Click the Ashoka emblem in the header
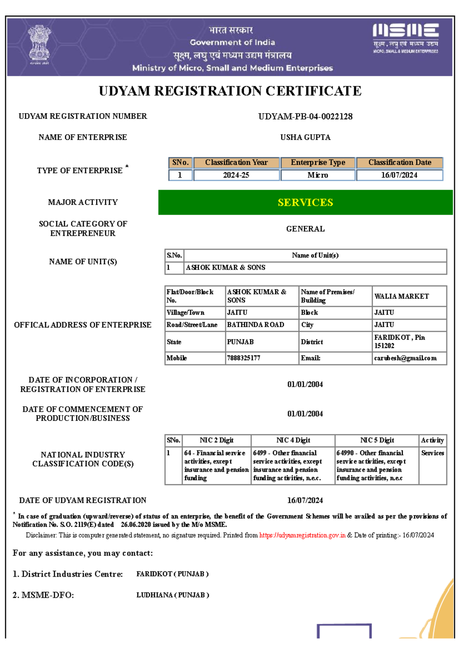pos(39,45)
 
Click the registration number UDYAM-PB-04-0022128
pos(305,117)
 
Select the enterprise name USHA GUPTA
pos(305,137)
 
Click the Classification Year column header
pos(236,162)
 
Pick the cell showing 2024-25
pos(236,175)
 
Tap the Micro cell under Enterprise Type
pos(317,175)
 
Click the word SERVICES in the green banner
pos(305,203)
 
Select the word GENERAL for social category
pos(305,229)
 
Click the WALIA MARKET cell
pos(402,296)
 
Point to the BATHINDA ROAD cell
pos(256,325)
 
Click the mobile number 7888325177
pos(243,358)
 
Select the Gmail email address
pos(405,358)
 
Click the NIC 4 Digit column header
pos(293,440)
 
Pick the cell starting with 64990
pos(371,465)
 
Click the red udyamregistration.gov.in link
pos(302,535)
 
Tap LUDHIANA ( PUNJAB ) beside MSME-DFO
pos(173,595)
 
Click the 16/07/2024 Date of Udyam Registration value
pos(305,500)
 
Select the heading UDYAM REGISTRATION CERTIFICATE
pos(230,91)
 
